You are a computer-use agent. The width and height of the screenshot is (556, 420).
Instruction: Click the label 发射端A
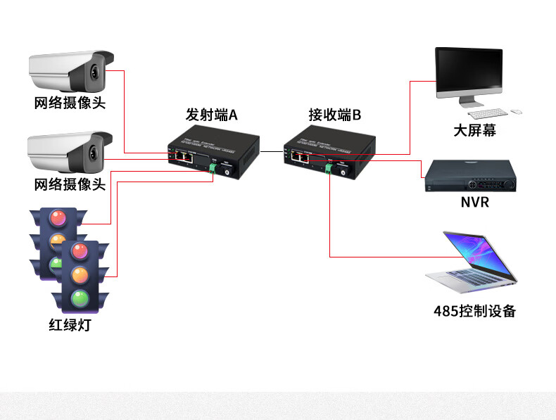[211, 115]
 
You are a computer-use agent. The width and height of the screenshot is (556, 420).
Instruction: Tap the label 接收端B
[334, 115]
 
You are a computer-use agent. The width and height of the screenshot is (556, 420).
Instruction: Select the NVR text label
[475, 203]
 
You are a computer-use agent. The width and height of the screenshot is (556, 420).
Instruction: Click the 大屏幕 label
[475, 131]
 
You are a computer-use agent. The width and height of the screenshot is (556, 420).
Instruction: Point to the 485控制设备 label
[475, 310]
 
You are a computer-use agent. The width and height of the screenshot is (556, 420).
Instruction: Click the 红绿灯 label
[70, 325]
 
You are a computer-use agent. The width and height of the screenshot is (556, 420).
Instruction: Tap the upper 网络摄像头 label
[70, 103]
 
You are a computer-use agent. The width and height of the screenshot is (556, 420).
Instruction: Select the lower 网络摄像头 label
[70, 184]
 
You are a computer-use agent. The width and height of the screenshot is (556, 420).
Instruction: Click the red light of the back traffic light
[57, 218]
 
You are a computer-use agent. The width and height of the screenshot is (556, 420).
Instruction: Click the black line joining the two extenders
[271, 151]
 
